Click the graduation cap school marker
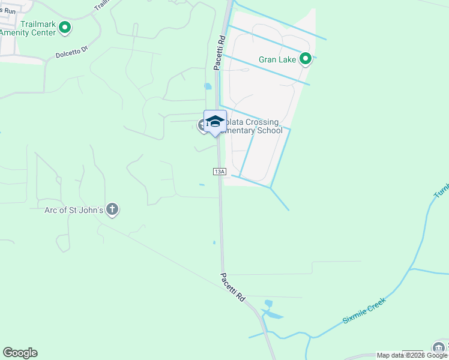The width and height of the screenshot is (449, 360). [x=215, y=121]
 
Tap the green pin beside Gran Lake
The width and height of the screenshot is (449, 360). [x=306, y=59]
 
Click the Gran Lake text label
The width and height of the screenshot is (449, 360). [x=278, y=59]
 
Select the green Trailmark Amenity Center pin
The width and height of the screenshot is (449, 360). [x=65, y=28]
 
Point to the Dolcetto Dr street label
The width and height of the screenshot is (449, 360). [x=72, y=50]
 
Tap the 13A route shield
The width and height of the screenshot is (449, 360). [x=219, y=172]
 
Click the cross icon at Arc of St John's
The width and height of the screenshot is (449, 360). [x=112, y=209]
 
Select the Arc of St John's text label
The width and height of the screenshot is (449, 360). [x=73, y=210]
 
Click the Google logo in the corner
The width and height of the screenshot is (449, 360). [x=20, y=353]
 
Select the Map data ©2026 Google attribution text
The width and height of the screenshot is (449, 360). [x=412, y=355]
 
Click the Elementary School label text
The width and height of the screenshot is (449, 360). [x=252, y=130]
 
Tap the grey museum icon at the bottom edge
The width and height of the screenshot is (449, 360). [x=439, y=348]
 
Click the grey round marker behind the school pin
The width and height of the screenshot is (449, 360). [x=203, y=125]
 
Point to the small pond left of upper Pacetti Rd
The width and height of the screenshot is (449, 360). [x=208, y=86]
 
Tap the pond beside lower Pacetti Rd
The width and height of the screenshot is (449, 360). [x=273, y=314]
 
